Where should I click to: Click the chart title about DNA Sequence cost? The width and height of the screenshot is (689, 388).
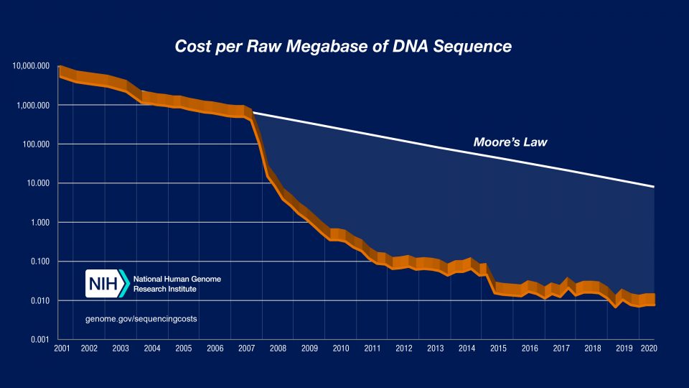pyautogui.click(x=344, y=47)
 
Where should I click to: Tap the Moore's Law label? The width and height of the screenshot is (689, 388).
pyautogui.click(x=510, y=142)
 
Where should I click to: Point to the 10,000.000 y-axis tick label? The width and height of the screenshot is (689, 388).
pyautogui.click(x=31, y=67)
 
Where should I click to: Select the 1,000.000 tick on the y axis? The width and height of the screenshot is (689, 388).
pyautogui.click(x=33, y=106)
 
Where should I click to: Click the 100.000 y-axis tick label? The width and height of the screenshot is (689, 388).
pyautogui.click(x=36, y=144)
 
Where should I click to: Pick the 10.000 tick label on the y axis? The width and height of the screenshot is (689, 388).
pyautogui.click(x=37, y=183)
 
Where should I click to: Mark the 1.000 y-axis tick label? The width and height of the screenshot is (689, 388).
pyautogui.click(x=39, y=223)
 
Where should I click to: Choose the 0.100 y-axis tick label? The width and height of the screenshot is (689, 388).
pyautogui.click(x=39, y=262)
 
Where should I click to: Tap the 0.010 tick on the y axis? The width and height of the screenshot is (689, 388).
pyautogui.click(x=39, y=300)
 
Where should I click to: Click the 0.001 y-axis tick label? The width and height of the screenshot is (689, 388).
pyautogui.click(x=39, y=339)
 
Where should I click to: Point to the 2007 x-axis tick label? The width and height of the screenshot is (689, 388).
pyautogui.click(x=246, y=349)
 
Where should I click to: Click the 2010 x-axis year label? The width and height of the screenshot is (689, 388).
pyautogui.click(x=340, y=349)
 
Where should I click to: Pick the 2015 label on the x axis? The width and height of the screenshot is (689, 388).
pyautogui.click(x=497, y=349)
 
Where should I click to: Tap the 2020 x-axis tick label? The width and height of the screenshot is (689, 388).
pyautogui.click(x=649, y=349)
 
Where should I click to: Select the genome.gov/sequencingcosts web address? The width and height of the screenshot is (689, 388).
pyautogui.click(x=141, y=317)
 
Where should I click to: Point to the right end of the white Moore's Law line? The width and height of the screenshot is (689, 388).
pyautogui.click(x=654, y=187)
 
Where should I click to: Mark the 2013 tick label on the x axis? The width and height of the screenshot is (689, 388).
pyautogui.click(x=435, y=349)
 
